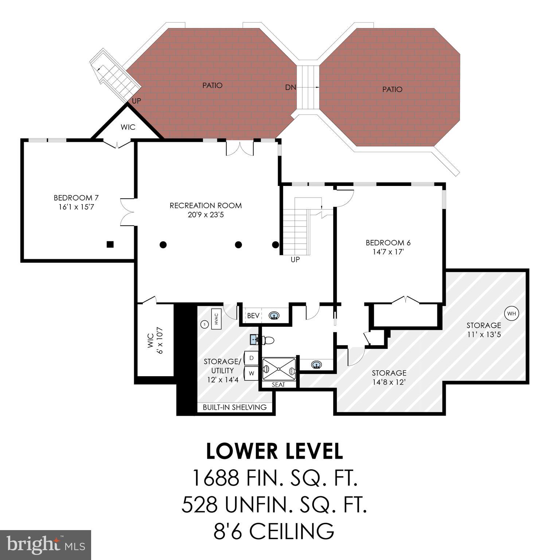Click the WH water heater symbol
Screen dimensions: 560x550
(x=511, y=313)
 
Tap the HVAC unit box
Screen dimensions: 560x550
(x=216, y=319)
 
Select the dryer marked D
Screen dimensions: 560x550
(x=251, y=358)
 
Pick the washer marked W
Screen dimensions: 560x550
(x=251, y=373)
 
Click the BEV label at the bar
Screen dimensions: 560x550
(x=253, y=316)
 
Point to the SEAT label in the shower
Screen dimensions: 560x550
(x=278, y=385)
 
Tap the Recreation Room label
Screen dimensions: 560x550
(x=206, y=206)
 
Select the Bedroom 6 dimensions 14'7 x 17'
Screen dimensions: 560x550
(x=388, y=252)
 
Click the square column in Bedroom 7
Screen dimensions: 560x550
(x=110, y=244)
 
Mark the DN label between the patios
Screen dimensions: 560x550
(x=290, y=87)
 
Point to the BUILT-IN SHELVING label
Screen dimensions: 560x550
(x=235, y=407)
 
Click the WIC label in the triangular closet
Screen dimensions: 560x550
(x=128, y=127)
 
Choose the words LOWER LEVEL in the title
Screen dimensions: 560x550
(x=274, y=451)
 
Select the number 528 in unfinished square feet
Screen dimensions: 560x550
(x=199, y=505)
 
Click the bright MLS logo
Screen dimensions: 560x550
(x=45, y=545)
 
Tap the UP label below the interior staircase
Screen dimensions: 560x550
(x=295, y=260)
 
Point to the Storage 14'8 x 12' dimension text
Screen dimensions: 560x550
(x=389, y=382)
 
